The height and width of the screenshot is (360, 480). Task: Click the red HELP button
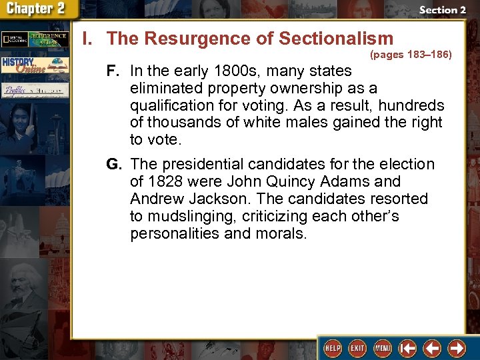pos(332,348)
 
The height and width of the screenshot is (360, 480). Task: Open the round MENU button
pos(382,348)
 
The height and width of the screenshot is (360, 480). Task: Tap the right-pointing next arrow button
pos(457,348)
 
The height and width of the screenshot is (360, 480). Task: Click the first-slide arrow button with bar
pos(407,348)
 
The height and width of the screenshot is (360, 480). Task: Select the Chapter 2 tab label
pos(37,9)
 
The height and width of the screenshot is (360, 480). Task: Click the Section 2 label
pos(443,10)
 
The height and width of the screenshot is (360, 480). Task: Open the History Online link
pos(33,65)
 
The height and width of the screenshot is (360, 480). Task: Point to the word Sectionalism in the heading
pos(336,38)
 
